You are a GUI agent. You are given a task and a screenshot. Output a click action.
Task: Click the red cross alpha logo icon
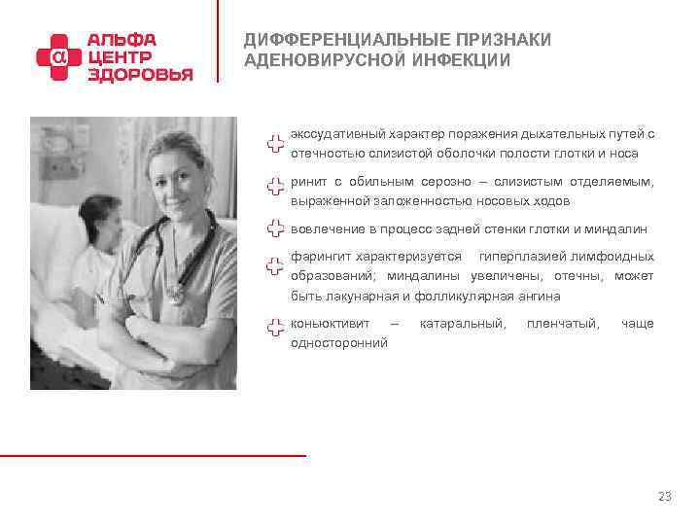[59, 57]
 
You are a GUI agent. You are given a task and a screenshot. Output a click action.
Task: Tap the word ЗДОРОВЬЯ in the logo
[140, 75]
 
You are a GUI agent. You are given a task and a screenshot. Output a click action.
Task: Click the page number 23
[664, 497]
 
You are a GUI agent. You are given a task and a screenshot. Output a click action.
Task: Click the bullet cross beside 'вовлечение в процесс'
[275, 229]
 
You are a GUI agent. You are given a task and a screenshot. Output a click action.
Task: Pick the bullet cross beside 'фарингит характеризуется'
[275, 265]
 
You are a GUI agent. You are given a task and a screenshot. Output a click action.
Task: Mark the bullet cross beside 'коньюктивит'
[275, 331]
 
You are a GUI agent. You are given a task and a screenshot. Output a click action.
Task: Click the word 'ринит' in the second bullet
[306, 182]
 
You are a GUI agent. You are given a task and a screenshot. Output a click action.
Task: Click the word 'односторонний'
[338, 342]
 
